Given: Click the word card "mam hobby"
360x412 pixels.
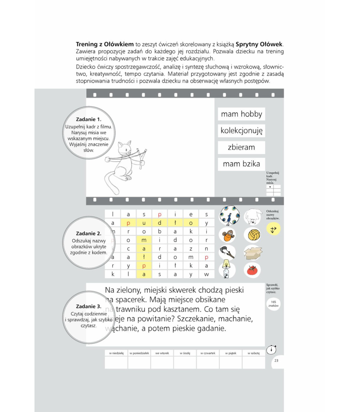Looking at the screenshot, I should [241, 114].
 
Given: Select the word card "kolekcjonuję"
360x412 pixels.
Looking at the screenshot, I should [241, 131].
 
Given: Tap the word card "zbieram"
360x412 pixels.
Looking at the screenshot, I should [241, 147].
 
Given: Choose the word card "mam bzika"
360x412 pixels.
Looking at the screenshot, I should [241, 164].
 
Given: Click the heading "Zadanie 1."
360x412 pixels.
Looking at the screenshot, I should [88, 119].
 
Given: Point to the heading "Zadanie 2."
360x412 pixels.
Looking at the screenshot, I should [88, 233].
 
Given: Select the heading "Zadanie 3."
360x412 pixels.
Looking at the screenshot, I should [88, 306].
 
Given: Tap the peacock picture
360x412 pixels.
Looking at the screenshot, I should [229, 215].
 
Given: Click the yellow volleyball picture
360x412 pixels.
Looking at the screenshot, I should [252, 235].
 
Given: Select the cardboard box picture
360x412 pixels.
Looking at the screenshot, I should [253, 252].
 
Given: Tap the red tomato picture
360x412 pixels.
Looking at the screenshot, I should [252, 270].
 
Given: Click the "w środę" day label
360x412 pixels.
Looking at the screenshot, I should [185, 353].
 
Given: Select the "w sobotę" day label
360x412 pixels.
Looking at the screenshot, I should [253, 353].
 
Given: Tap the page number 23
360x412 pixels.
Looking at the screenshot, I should [276, 360].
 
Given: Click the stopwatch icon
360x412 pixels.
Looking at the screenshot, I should [271, 350].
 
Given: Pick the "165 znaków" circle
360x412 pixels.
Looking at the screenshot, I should [273, 304].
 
